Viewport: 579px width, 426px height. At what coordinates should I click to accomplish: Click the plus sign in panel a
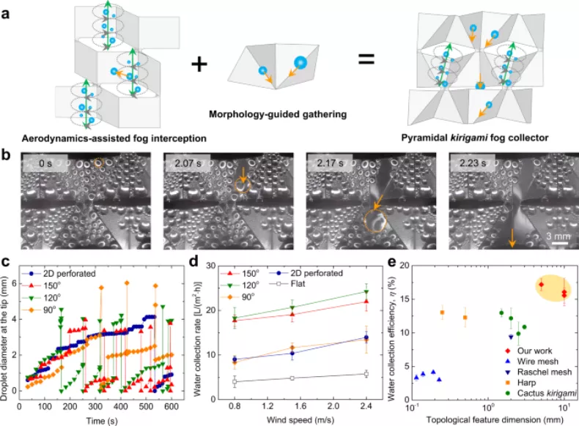198,64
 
